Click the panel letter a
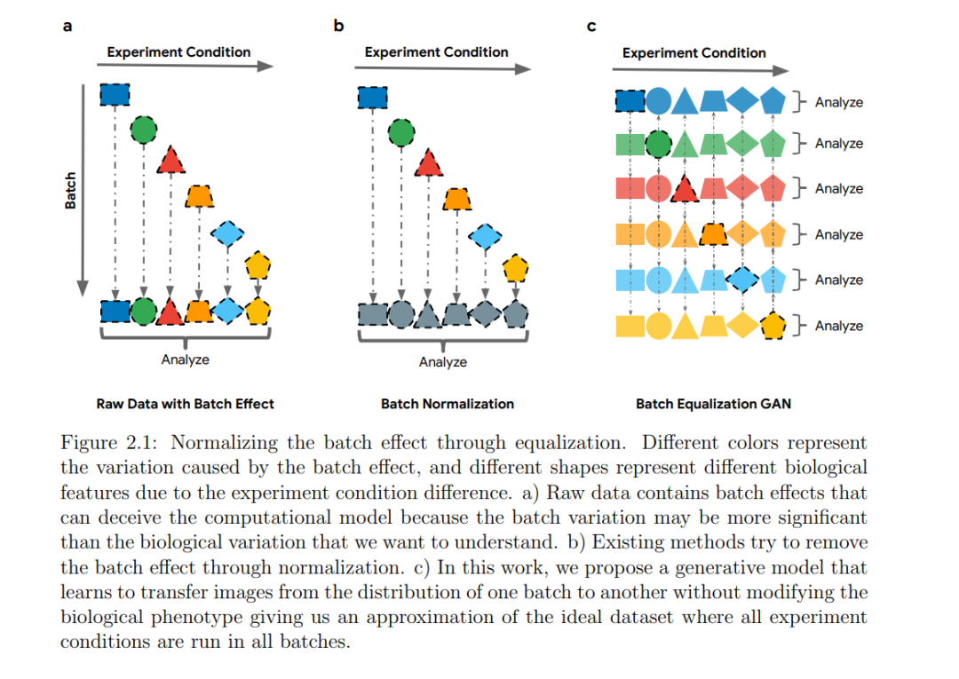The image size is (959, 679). (x=67, y=27)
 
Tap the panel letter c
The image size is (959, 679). (x=590, y=27)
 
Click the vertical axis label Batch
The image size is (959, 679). (x=70, y=190)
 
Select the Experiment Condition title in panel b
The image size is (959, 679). (x=436, y=52)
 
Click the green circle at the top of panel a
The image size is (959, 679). (x=144, y=130)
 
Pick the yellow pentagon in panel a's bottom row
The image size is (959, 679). (x=258, y=312)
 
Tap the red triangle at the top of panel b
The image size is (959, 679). (x=428, y=163)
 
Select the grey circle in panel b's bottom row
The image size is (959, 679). (x=401, y=315)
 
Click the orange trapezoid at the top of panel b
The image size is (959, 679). (x=457, y=199)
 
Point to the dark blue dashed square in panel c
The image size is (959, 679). (x=630, y=101)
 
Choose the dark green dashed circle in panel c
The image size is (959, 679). (x=658, y=145)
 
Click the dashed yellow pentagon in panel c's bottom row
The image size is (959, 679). (x=773, y=326)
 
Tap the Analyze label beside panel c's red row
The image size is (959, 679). (x=838, y=188)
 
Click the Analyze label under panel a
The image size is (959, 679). (x=186, y=359)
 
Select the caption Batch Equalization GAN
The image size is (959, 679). (x=713, y=404)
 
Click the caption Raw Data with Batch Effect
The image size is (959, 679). (x=185, y=404)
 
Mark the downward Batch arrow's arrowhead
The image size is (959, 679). (x=83, y=288)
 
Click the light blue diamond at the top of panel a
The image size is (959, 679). (x=227, y=233)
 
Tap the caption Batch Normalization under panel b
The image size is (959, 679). (x=447, y=404)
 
